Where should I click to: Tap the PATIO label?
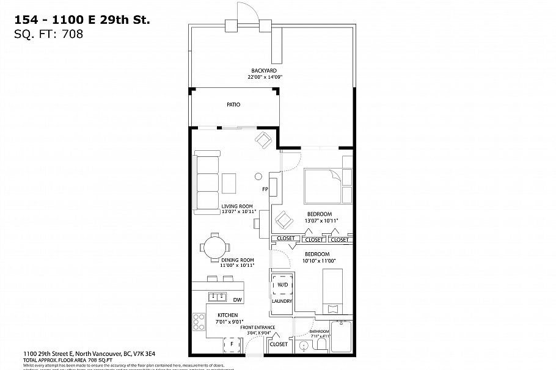pos(233,105)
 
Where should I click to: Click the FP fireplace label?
pos(266,189)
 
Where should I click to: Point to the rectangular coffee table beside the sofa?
pos(229,183)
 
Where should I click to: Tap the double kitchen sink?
pos(217,297)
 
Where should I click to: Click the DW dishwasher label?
pos(237,299)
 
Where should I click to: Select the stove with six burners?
pos(199,322)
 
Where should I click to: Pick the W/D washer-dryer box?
pos(282,285)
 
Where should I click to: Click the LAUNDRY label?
pos(282,301)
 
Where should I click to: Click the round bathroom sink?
pos(303,346)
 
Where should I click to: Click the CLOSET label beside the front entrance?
pos(279,344)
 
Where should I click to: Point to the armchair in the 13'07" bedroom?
pos(283,219)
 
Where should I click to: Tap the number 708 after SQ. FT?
pos(72,34)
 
